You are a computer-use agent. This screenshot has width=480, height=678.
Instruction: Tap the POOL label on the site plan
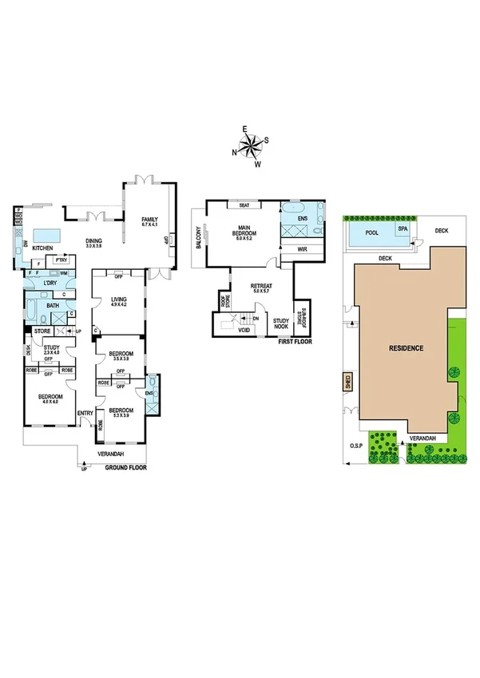click(371, 232)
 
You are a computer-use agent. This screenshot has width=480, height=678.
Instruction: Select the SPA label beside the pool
click(403, 228)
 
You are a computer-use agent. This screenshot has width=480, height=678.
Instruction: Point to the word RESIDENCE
click(406, 348)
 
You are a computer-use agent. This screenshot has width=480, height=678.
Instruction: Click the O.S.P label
click(355, 446)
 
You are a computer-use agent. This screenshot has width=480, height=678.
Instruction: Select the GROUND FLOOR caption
click(126, 467)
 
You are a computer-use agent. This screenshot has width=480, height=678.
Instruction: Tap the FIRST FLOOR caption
click(296, 341)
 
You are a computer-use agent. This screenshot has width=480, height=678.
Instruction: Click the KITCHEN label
click(42, 248)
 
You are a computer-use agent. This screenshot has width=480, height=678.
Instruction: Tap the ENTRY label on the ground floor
click(85, 412)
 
